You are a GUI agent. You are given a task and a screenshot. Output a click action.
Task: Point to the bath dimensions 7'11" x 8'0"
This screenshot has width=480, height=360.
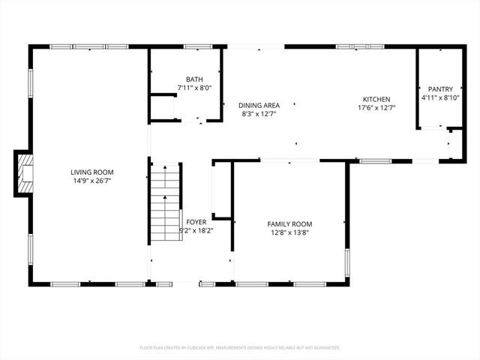point(194,88)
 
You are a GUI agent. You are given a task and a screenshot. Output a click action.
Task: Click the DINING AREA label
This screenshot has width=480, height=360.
point(259,105)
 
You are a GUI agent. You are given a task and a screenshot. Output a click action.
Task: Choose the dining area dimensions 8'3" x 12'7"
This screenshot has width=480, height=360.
point(259,114)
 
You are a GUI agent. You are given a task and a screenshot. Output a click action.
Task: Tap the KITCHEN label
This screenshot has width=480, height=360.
point(376,99)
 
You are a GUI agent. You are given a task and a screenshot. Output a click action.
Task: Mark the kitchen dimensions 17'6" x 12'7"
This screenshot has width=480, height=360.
point(376,108)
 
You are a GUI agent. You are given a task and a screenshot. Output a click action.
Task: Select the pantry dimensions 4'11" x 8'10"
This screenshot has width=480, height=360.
point(440,97)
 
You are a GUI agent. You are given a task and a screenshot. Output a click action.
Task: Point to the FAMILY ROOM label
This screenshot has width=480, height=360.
point(289,223)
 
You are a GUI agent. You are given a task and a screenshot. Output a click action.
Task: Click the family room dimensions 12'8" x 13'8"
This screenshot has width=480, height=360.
point(289,232)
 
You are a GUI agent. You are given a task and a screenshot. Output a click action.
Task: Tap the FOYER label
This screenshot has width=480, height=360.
point(196,222)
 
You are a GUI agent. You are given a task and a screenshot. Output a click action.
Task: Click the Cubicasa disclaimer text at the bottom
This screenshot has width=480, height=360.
point(240,348)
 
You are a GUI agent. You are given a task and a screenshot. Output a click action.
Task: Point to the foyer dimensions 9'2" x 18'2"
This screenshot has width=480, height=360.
point(196,231)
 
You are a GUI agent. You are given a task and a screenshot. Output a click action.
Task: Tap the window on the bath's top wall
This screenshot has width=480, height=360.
point(196,47)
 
